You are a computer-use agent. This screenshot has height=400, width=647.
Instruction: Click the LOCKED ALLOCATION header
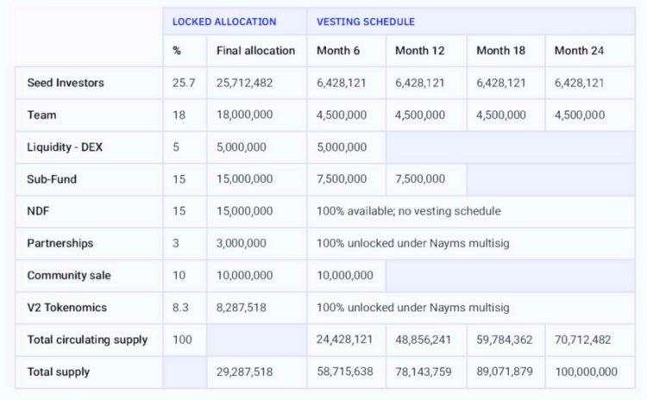coord(224,22)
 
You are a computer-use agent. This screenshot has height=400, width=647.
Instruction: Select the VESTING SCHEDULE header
coord(366,22)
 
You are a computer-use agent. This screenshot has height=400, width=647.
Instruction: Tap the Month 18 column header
coord(500,51)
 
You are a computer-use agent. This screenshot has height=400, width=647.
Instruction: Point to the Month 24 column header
coord(579,51)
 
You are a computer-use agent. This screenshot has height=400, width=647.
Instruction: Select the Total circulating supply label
coord(87,341)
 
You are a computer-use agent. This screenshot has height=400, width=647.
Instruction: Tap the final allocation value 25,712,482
coord(245,83)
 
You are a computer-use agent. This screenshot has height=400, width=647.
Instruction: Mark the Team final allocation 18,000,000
coord(245,115)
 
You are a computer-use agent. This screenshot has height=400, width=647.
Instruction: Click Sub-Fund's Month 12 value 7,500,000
coord(420,179)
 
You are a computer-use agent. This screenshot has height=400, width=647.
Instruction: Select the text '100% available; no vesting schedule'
coord(409,211)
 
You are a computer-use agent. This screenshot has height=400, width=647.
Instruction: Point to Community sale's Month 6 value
coord(345,276)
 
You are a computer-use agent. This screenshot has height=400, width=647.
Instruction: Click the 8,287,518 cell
coord(242,308)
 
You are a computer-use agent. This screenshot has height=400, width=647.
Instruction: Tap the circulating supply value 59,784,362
coord(501,341)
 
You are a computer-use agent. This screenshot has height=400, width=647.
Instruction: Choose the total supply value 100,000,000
coord(586,372)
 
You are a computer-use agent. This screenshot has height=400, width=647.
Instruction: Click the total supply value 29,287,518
coord(245,372)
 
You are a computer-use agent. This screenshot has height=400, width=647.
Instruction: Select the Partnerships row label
coord(60,243)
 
